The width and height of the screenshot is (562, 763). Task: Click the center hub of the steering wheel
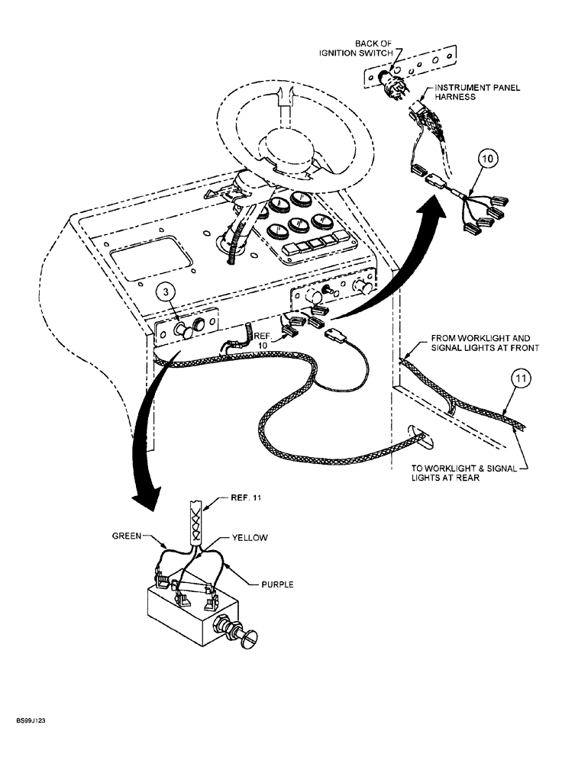289,150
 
